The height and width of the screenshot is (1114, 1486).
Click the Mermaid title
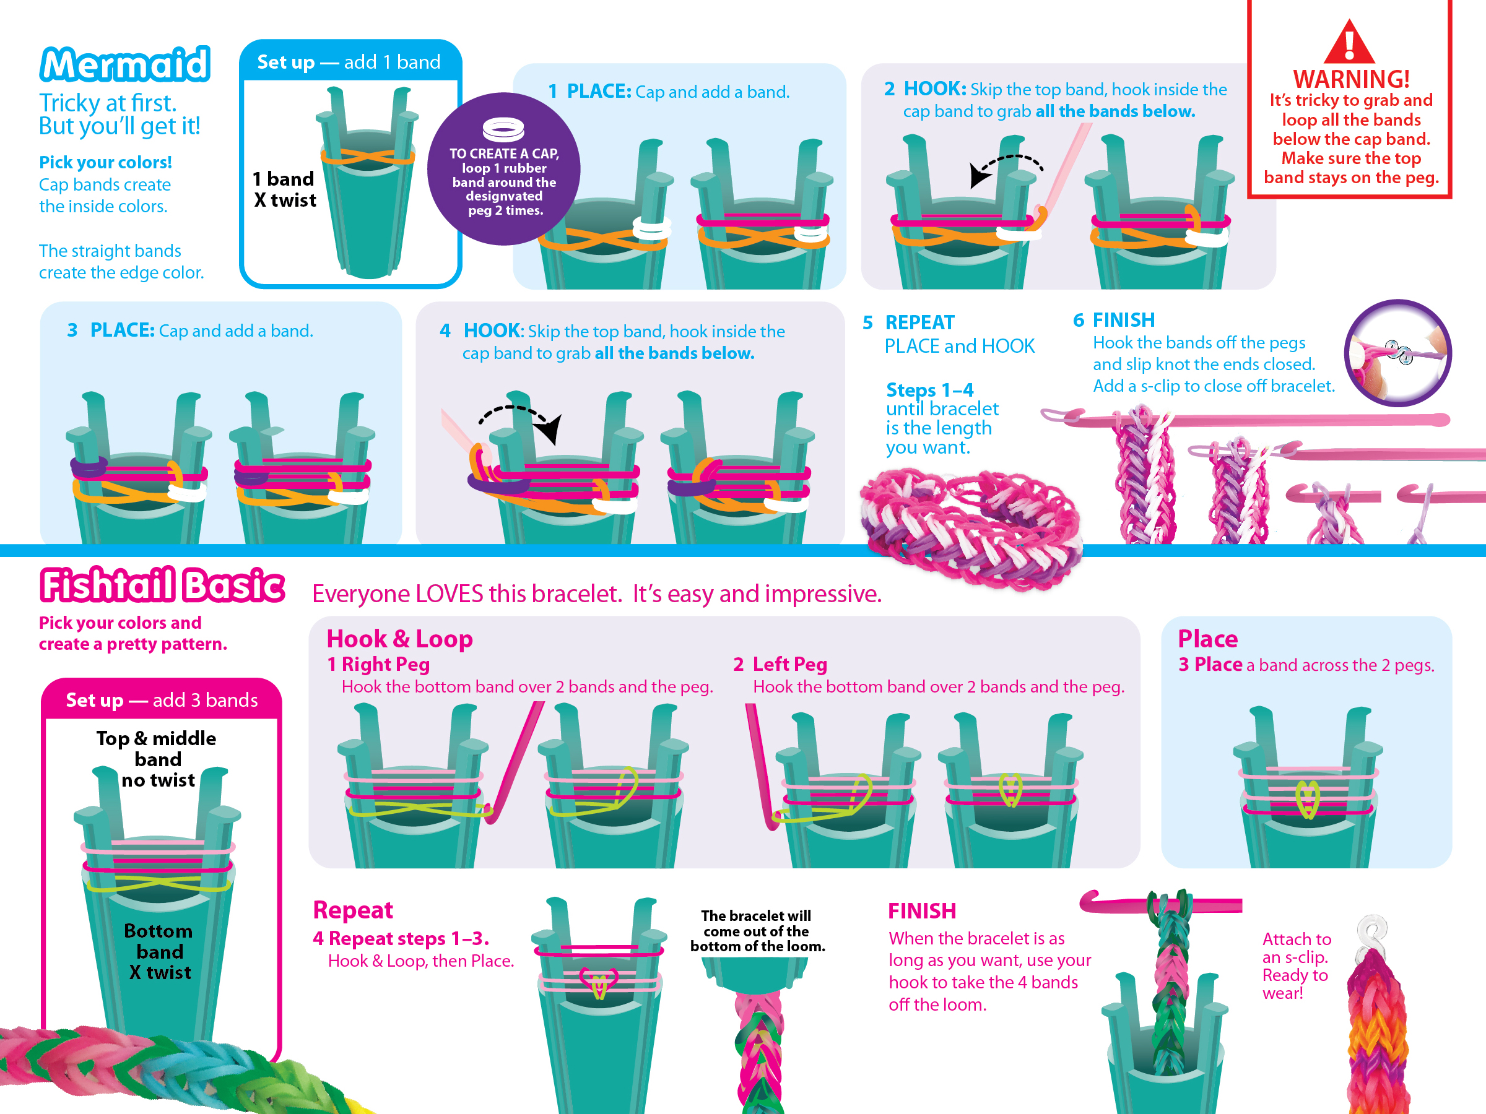coord(125,64)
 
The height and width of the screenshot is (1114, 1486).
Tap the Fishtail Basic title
coord(162,585)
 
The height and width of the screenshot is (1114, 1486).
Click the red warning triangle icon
coord(1349,42)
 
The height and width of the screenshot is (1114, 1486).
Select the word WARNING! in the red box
coord(1351,79)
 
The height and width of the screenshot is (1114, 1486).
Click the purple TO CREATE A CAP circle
coord(504,169)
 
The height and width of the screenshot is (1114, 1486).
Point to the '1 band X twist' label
coord(284,189)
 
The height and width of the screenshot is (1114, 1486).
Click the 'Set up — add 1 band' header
coord(349,62)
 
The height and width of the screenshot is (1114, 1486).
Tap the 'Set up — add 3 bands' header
coord(161,700)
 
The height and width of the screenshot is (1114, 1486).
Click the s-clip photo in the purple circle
coord(1397,353)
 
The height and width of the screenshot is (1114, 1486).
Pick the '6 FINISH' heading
coord(1114,321)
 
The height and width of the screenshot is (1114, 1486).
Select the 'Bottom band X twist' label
coord(159,951)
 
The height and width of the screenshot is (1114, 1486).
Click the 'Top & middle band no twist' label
coord(157,759)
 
